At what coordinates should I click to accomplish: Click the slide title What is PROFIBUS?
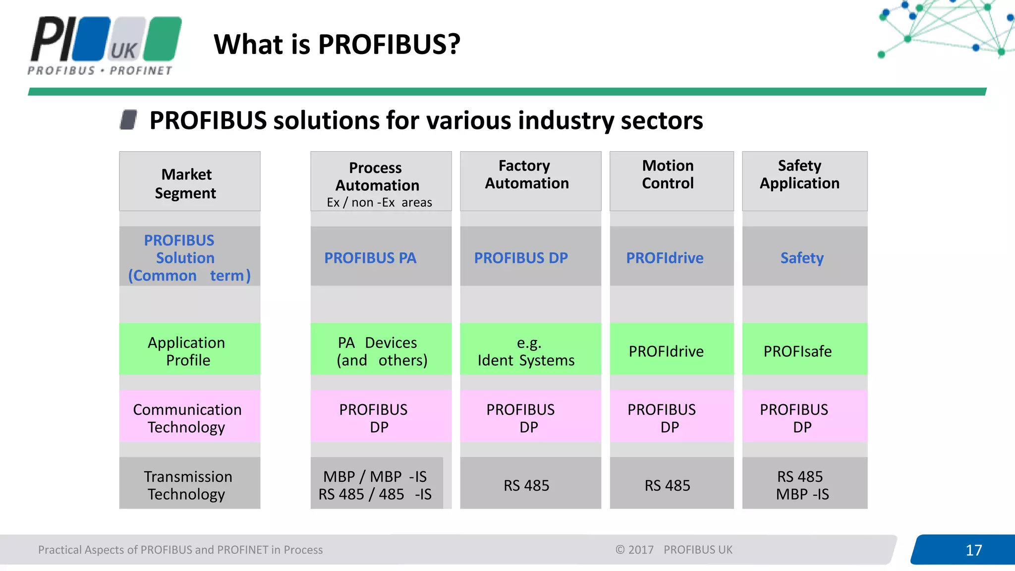point(337,44)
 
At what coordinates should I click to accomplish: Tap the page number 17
point(973,550)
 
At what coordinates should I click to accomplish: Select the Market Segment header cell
point(189,182)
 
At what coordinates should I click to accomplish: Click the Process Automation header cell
point(381,182)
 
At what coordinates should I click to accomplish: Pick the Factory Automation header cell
point(530,181)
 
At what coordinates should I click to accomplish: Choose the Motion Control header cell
point(671,181)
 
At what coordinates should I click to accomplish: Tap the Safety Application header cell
point(804,181)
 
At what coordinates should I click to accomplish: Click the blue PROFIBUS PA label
point(370,258)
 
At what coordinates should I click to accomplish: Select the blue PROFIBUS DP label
point(521,258)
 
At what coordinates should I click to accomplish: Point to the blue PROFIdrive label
point(665,258)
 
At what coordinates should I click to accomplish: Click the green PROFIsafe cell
point(804,350)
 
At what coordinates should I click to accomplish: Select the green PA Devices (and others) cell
point(381,350)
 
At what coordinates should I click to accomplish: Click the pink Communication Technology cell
point(189,417)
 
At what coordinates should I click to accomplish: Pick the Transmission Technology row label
point(189,484)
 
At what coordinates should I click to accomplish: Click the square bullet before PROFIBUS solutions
point(128,120)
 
